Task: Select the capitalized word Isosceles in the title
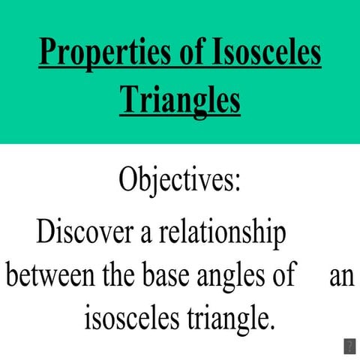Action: (263, 55)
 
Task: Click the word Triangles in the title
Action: (180, 100)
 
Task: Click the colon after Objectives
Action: (238, 184)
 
